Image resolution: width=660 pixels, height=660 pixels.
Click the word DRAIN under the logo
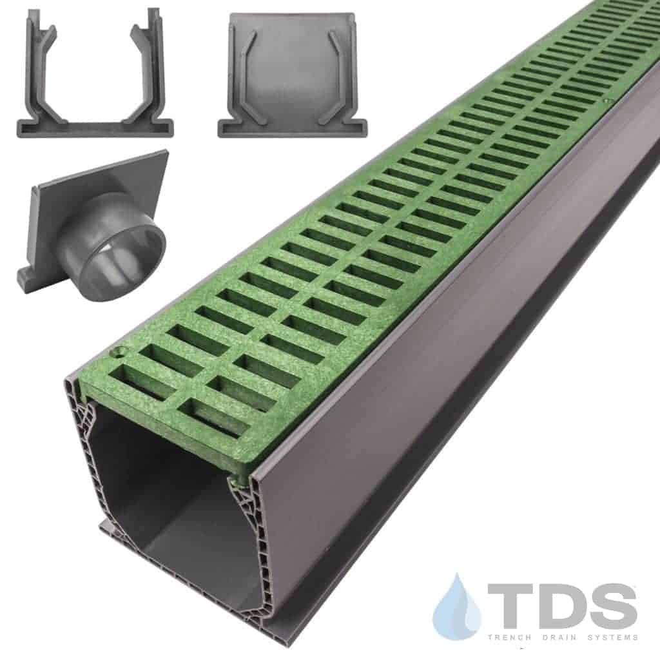click(x=560, y=637)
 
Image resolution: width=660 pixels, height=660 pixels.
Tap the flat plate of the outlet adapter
click(x=97, y=202)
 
